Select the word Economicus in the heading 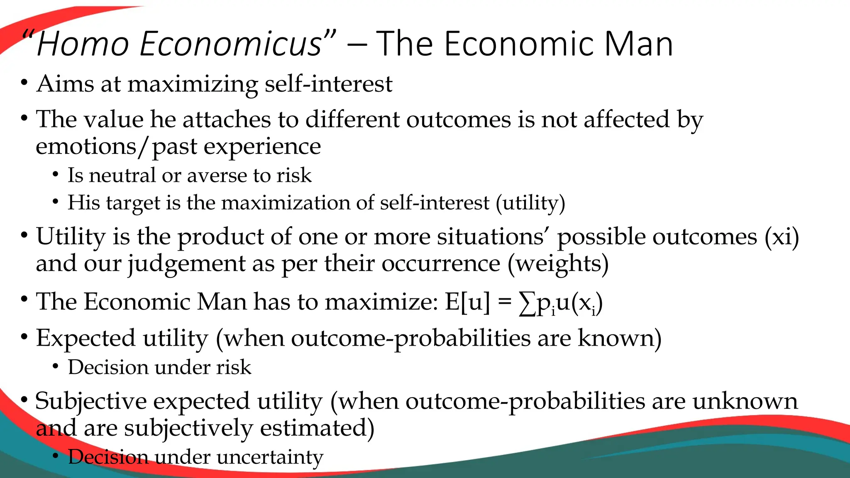click(231, 44)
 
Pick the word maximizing click(193, 85)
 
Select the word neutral click(122, 175)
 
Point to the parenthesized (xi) click(782, 237)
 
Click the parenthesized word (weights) click(558, 264)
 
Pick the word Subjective click(91, 402)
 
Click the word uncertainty click(269, 457)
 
